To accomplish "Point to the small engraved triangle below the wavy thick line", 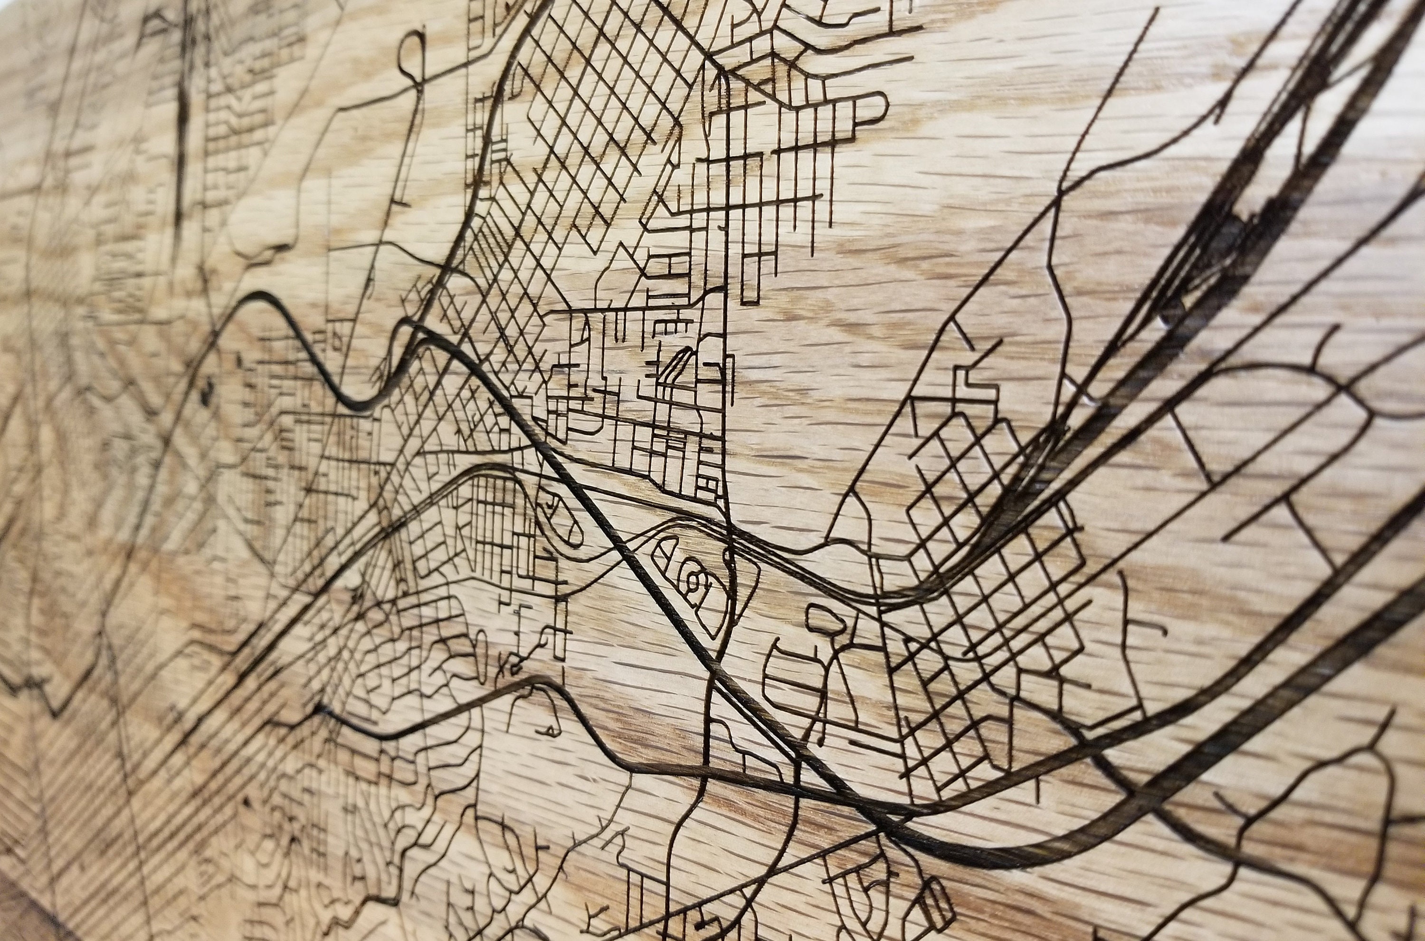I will [548, 730].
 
